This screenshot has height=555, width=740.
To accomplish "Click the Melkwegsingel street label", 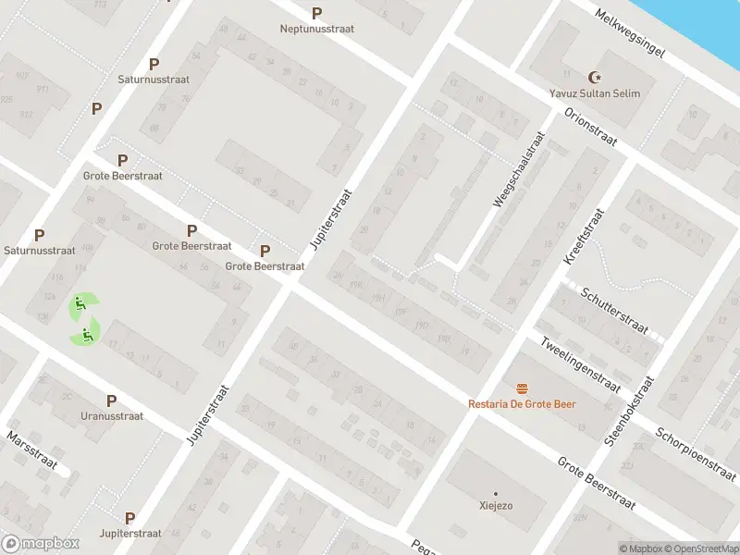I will click(631, 34).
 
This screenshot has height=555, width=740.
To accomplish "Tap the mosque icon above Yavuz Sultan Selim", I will click(594, 78).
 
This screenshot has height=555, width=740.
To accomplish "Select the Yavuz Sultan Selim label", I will click(594, 93).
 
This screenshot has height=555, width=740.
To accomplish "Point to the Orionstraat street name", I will click(590, 128).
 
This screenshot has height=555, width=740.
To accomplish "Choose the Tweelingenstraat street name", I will click(579, 364).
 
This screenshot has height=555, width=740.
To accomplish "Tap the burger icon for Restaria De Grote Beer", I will click(523, 388).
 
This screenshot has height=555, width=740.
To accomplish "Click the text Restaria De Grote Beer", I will click(523, 404).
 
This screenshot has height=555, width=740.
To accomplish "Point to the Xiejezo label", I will click(495, 506).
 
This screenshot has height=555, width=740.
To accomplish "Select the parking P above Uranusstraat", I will click(111, 401).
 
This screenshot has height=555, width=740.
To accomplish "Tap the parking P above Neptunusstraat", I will click(317, 13).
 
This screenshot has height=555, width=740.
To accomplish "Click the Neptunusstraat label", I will click(317, 29).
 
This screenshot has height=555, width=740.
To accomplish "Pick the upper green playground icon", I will click(80, 303).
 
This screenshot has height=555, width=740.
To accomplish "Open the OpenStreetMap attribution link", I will click(699, 549).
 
